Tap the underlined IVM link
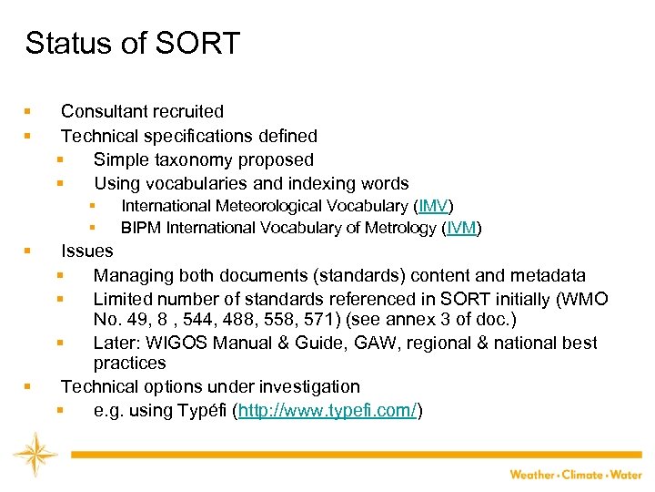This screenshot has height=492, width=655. pos(461,228)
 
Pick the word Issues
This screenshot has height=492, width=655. pos(86,251)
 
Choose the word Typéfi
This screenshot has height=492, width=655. pos(201,411)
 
